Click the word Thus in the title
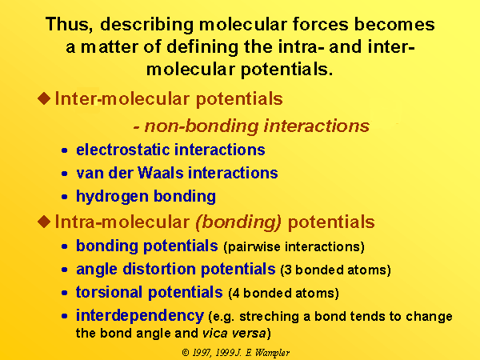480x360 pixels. tap(69, 25)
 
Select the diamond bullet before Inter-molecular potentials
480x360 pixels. tap(44, 98)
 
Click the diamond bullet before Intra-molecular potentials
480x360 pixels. tap(44, 222)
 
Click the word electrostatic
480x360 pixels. tap(122, 150)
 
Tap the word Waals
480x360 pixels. tap(161, 173)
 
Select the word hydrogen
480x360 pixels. tap(112, 197)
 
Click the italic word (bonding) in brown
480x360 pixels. tap(238, 222)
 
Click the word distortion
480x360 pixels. tap(159, 269)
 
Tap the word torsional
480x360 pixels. tap(109, 292)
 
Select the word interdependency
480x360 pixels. tap(140, 316)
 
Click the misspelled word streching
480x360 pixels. tap(269, 317)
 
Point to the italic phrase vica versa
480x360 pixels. tap(234, 333)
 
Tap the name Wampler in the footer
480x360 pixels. tap(272, 354)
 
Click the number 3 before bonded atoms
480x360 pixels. tap(288, 270)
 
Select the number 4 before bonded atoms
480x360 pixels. tap(236, 294)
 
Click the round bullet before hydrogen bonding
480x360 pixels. tap(64, 197)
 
